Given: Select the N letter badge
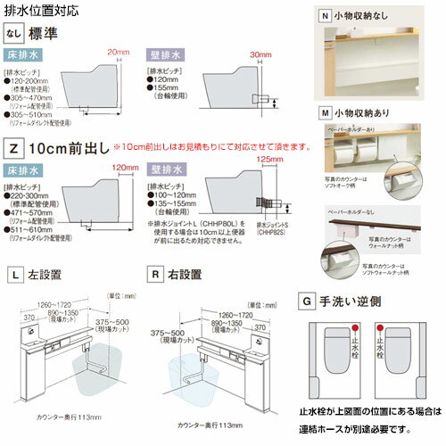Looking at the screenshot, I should click(x=326, y=13).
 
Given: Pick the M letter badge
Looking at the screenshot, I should click(x=326, y=112).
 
